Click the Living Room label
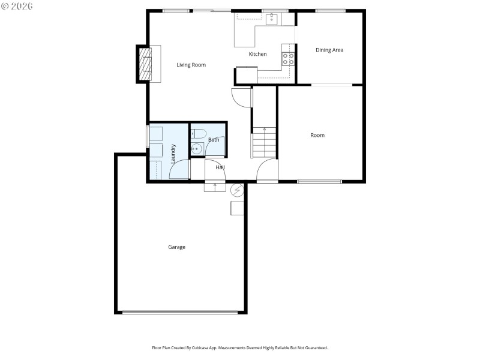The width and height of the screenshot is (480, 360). (191, 65)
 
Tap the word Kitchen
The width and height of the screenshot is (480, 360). (258, 55)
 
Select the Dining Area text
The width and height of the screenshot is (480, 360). (329, 50)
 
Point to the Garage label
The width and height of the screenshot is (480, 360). (176, 247)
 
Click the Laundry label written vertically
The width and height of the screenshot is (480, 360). (173, 154)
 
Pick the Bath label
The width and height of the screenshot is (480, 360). (214, 140)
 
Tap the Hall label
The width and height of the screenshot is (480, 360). (220, 167)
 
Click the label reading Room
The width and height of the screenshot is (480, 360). (317, 136)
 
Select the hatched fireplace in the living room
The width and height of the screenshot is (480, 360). (145, 63)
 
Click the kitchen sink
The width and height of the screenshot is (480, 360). (272, 20)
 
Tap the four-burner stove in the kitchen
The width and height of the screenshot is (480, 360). (288, 59)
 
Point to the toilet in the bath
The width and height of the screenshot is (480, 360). (200, 133)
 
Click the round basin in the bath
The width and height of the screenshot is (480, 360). (195, 149)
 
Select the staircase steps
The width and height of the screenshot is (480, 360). (264, 143)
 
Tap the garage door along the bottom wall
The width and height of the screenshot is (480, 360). (180, 312)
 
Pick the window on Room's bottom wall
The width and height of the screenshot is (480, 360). (319, 181)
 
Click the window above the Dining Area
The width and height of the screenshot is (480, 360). (330, 11)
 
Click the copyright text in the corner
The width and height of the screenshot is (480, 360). (17, 5)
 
